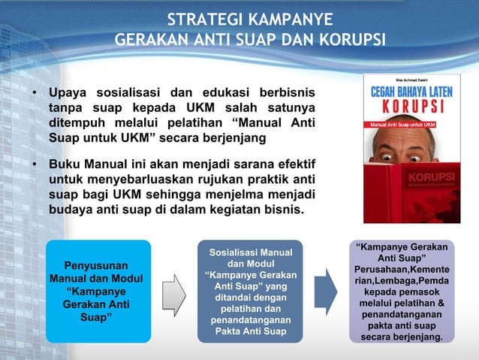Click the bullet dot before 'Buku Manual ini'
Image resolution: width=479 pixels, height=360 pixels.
pyautogui.click(x=34, y=164)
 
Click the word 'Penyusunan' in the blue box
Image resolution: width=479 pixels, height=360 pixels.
pyautogui.click(x=95, y=265)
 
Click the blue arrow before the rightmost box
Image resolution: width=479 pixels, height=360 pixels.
pyautogui.click(x=325, y=292)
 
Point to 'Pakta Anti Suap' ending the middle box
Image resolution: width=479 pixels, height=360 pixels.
pyautogui.click(x=249, y=331)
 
